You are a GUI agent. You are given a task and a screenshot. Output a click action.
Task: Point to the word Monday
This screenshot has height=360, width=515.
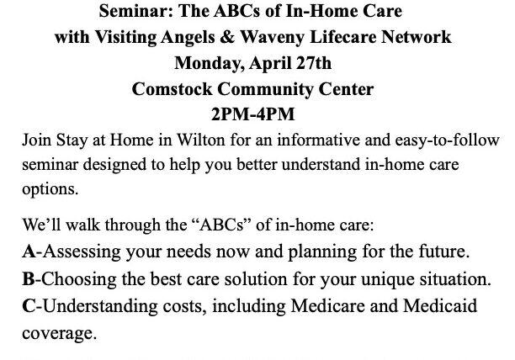pos(206,61)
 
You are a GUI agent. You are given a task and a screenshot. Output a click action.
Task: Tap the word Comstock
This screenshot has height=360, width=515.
pos(173,86)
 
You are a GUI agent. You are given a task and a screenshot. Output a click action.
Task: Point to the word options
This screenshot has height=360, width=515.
pos(50,188)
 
